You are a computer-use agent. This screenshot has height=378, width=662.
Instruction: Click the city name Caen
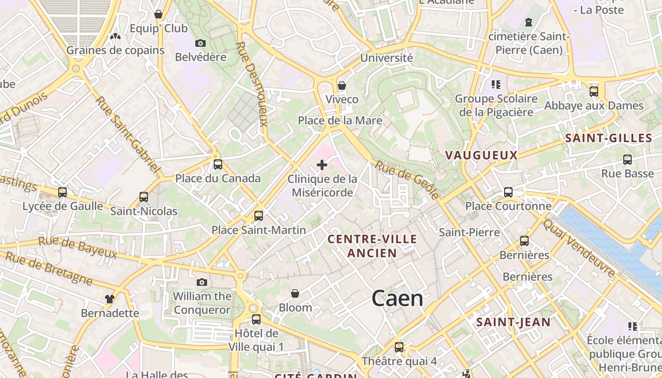[397, 299]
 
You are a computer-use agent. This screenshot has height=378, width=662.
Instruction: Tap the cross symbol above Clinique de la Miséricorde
[322, 165]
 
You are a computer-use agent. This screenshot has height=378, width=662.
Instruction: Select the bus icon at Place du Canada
[218, 164]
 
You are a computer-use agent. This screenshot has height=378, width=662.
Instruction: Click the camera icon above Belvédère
[200, 43]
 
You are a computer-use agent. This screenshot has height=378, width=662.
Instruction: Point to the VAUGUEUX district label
[481, 155]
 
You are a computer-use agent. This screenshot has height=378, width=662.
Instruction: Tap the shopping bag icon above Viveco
[342, 86]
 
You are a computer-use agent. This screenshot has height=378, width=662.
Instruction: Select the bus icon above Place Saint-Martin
[259, 216]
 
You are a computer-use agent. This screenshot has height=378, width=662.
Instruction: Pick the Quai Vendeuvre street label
[579, 249]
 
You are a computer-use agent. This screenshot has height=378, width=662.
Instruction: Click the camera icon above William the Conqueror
[202, 283]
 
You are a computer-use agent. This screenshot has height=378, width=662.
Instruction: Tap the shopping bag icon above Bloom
[295, 294]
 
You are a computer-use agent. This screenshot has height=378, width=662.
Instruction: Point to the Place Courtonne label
[508, 206]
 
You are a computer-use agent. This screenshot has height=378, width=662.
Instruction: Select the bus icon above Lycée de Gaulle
[62, 192]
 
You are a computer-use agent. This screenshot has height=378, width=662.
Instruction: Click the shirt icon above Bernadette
[110, 299]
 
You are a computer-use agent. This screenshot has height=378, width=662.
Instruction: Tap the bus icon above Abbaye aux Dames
[594, 92]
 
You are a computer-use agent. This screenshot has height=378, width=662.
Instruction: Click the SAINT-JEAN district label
[513, 323]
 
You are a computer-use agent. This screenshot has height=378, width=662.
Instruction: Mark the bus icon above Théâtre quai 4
[399, 347]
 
